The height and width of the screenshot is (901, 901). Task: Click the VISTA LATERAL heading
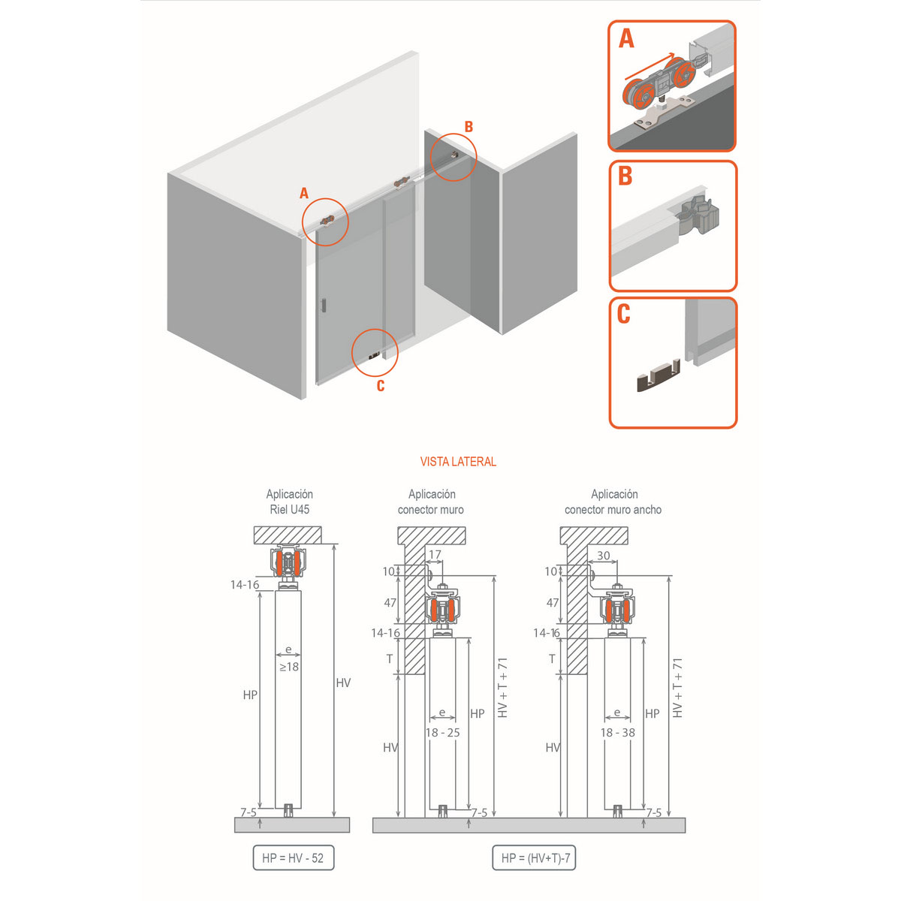(458, 462)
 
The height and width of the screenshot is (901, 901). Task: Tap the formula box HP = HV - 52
(293, 858)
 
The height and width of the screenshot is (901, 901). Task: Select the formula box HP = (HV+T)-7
(534, 858)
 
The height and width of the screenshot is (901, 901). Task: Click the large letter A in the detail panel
(626, 38)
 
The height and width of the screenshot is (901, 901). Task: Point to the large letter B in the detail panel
(625, 176)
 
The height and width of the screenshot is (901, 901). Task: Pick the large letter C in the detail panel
(623, 314)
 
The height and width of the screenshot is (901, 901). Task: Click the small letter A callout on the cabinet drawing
(304, 194)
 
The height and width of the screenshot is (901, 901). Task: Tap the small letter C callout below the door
(381, 386)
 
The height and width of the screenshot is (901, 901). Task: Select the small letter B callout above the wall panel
(469, 127)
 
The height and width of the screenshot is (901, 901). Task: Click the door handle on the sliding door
(323, 305)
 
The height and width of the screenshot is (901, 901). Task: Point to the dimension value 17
(435, 556)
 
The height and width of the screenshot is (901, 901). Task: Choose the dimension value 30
(604, 556)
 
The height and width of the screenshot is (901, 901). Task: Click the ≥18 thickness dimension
(289, 667)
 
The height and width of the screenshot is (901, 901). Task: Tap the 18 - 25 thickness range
(442, 733)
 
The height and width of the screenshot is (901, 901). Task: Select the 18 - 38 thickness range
(617, 733)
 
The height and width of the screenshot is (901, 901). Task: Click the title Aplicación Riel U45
(289, 502)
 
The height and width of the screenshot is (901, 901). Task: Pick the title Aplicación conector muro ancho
(613, 502)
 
